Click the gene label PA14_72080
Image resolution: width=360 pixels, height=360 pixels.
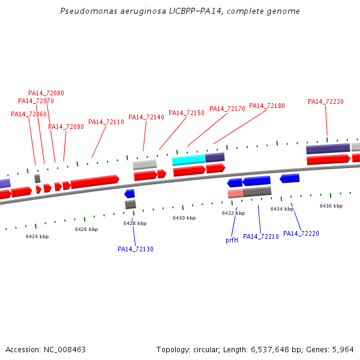[46, 94]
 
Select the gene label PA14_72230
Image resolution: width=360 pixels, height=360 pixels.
[326, 102]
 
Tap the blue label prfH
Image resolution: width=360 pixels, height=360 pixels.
[232, 240]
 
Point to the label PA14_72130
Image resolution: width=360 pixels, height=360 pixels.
[136, 249]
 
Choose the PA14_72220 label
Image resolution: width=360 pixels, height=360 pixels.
[301, 233]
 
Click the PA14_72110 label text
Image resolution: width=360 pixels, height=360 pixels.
[106, 122]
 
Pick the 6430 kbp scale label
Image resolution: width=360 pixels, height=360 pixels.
[184, 218]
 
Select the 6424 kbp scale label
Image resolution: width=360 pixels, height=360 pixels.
[37, 236]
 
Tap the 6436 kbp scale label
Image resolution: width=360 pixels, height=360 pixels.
[331, 206]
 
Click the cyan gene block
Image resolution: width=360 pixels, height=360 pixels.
[188, 160]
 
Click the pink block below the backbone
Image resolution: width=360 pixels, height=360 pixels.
[235, 194]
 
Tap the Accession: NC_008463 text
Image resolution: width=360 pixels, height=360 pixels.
[46, 349]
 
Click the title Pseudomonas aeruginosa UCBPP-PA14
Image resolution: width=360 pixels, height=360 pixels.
[180, 11]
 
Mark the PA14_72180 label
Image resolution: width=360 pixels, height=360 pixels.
[267, 106]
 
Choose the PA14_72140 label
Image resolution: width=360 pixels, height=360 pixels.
[146, 118]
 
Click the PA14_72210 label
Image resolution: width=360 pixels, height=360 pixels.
[261, 236]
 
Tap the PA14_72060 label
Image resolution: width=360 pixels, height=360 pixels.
[29, 115]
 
